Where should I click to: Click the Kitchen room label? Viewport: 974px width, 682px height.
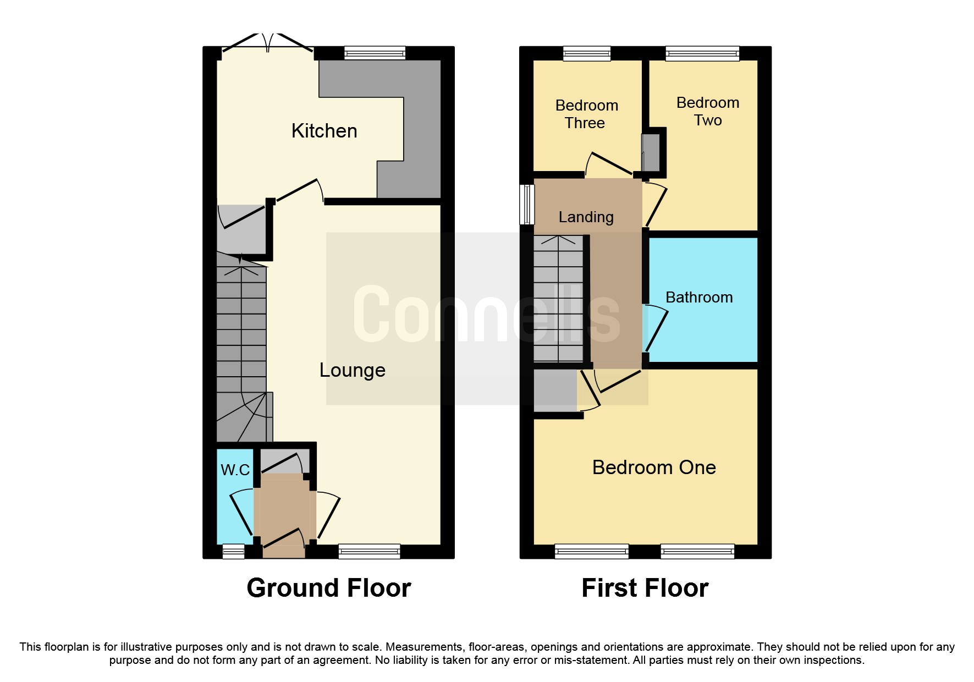coord(324,131)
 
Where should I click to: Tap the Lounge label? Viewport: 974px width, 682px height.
coord(352,370)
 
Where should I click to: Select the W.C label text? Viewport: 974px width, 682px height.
coord(235,470)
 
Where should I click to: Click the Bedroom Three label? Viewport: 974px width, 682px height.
coord(586,114)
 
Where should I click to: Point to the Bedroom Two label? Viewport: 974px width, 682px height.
coord(707,111)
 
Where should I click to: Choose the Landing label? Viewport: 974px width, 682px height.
coord(586,217)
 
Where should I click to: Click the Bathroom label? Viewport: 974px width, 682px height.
coord(698,298)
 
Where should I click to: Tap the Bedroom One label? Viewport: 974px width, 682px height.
coord(653,468)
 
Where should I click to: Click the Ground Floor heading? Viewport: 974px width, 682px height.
coord(328,588)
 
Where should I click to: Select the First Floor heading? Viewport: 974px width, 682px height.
coord(645,588)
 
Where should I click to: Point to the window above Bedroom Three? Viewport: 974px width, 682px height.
coord(587,53)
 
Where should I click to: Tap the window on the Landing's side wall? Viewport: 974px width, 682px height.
coord(527,204)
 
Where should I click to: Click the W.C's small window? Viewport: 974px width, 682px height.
coord(233,551)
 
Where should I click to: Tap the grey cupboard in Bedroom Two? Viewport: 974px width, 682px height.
coord(652,152)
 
